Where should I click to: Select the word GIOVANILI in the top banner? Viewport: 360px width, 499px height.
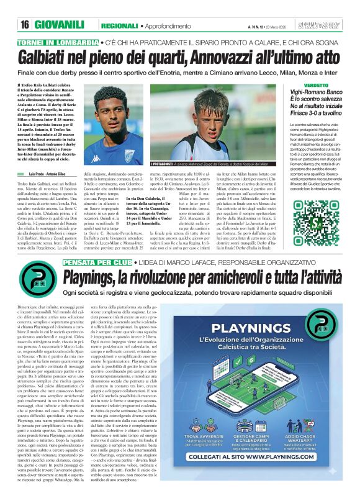61,25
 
